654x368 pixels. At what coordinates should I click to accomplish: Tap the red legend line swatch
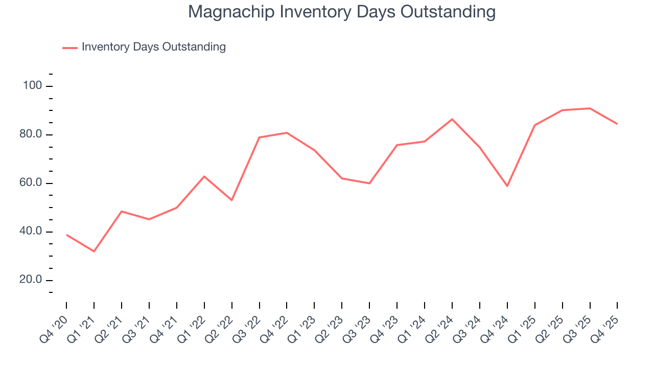69,48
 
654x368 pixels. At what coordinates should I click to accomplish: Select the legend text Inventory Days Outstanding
153,47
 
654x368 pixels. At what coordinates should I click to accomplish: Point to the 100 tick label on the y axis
32,86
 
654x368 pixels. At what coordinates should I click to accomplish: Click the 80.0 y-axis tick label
31,135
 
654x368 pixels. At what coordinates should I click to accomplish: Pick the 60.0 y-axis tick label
31,183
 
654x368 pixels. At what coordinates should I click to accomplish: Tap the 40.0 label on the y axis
31,232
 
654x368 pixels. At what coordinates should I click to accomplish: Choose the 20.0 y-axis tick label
31,280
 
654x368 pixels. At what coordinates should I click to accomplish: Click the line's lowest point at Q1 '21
94,251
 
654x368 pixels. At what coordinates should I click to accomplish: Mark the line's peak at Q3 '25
590,108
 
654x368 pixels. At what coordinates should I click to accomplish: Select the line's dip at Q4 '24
507,186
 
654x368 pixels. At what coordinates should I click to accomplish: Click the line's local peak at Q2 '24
452,119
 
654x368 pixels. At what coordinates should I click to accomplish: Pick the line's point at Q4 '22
287,133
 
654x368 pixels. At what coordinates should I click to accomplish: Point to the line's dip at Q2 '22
232,200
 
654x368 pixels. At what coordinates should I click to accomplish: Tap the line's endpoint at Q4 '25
617,124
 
